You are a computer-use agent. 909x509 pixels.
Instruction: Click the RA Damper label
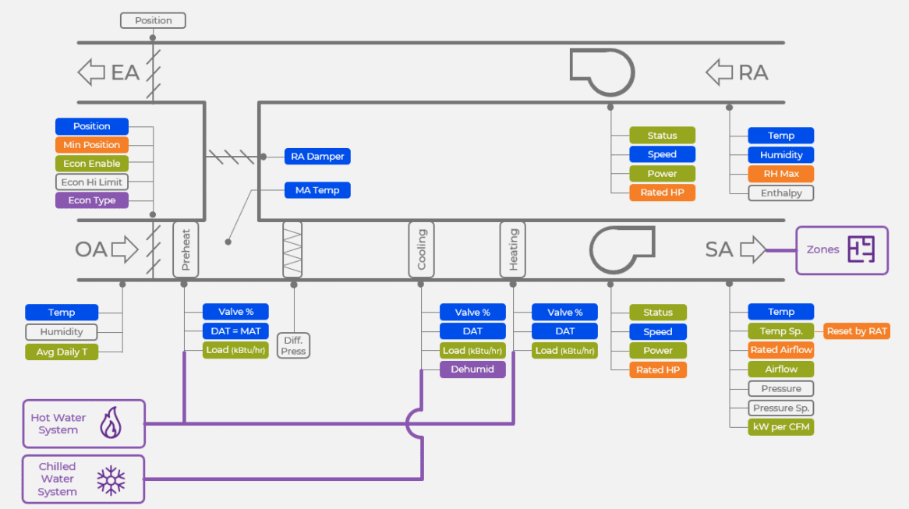[x=317, y=157]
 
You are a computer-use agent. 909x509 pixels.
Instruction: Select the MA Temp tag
[x=317, y=190]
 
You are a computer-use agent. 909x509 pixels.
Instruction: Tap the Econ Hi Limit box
[x=92, y=182]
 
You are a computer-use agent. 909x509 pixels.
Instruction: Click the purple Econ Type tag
[x=92, y=200]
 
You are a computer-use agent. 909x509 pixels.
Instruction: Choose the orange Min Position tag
[x=92, y=145]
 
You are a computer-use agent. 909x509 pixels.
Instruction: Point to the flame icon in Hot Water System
[x=111, y=423]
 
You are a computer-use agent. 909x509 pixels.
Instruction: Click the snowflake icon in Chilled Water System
[x=111, y=479]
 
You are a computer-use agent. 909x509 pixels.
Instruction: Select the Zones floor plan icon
[x=861, y=249]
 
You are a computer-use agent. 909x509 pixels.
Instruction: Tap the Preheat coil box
[x=186, y=249]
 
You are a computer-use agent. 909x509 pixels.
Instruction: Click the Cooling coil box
[x=422, y=249]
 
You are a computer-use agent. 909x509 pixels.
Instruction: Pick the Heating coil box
[x=513, y=249]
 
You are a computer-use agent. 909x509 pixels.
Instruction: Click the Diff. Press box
[x=294, y=345]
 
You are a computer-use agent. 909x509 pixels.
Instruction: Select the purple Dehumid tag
[x=472, y=369]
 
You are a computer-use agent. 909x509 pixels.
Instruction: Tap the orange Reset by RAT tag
[x=857, y=331]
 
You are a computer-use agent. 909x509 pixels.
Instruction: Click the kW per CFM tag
[x=781, y=427]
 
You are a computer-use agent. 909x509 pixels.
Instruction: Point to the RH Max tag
[x=781, y=174]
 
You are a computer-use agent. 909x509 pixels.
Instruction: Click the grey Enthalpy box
[x=781, y=193]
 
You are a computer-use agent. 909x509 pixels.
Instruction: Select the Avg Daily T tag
[x=62, y=352]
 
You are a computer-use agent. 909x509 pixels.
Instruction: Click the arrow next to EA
[x=91, y=72]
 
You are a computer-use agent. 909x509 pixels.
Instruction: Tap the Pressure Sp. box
[x=781, y=408]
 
